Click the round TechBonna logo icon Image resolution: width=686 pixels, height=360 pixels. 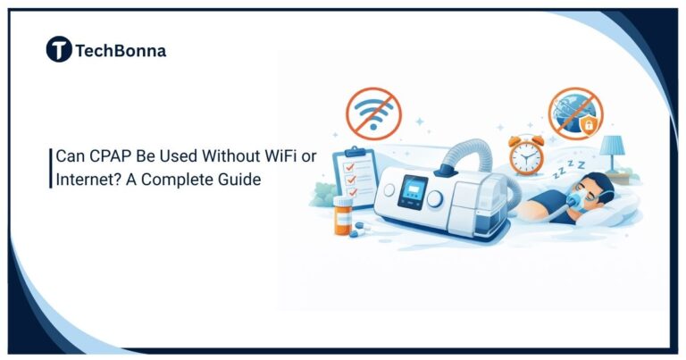click(x=59, y=51)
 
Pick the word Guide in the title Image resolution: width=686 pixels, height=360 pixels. click(x=238, y=179)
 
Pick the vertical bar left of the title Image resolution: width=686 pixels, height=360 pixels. click(x=51, y=168)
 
